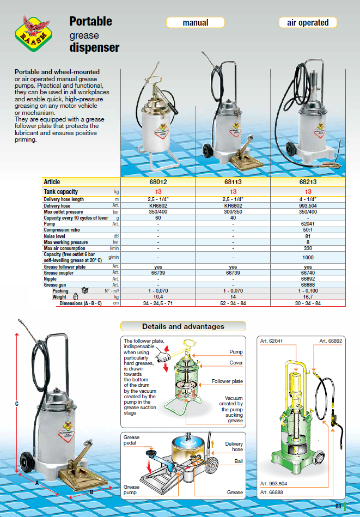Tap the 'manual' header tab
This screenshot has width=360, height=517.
pos(196,23)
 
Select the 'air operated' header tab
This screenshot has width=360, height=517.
pos(308,23)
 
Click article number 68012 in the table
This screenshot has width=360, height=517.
pos(158,182)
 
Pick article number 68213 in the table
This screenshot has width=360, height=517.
pos(308,182)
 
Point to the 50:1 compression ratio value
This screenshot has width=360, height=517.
pos(308,230)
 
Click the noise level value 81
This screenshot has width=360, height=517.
pos(308,236)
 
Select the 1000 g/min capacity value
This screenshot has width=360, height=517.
pos(308,257)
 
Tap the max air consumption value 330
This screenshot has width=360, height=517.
pos(308,248)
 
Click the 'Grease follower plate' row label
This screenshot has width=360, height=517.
pos(65,267)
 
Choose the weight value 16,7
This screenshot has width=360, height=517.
pos(308,297)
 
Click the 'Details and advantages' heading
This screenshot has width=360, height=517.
pos(183,326)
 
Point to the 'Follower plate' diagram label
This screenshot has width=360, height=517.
pos(227,381)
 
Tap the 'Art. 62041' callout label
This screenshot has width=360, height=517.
pos(272,342)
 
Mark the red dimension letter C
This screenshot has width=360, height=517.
pos(17,404)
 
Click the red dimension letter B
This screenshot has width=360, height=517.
pos(91,492)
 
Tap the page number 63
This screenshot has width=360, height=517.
pos(338,507)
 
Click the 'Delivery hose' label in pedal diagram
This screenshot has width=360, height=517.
pos(234,447)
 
